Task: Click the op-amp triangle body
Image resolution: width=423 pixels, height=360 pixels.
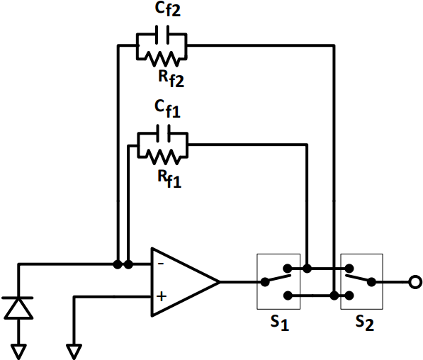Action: point(181,281)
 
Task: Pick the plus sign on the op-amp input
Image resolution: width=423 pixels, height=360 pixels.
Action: point(161,297)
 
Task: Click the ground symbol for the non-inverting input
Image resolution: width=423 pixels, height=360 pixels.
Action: point(74,349)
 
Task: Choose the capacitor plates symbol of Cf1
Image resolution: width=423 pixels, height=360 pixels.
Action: point(162,132)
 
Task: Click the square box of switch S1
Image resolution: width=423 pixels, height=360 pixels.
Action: point(278,282)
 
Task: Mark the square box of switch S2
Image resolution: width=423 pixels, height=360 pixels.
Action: point(361,282)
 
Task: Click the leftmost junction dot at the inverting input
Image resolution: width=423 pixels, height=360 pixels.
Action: point(117,264)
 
